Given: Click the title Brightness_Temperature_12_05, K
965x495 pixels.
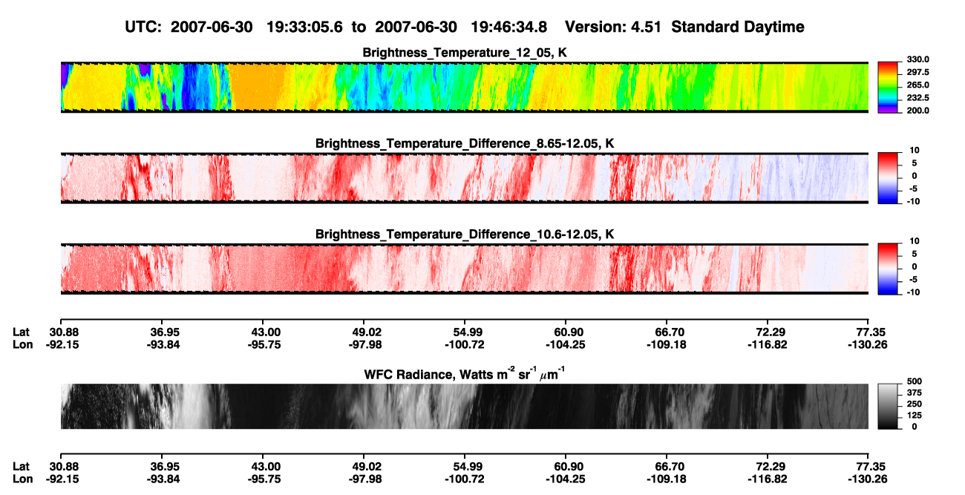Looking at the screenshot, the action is click(x=465, y=53).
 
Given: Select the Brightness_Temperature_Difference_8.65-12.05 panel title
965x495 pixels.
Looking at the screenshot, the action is click(x=465, y=143).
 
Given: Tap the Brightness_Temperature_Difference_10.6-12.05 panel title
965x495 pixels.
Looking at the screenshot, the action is click(x=465, y=235).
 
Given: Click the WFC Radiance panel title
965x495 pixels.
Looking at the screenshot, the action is click(x=465, y=374).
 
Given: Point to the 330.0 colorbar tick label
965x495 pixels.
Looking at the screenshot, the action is click(x=917, y=59).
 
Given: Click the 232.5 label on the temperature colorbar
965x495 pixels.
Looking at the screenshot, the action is click(x=917, y=98).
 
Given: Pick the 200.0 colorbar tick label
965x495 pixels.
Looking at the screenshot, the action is click(x=917, y=111).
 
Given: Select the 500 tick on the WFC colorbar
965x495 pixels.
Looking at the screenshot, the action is click(x=915, y=381).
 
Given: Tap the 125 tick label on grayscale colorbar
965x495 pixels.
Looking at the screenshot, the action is click(x=915, y=416).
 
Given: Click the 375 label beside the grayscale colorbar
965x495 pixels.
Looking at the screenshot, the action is click(x=915, y=393).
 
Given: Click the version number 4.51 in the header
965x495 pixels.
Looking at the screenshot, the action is click(x=646, y=27).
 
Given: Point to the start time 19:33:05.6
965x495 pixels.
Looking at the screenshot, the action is click(x=304, y=27).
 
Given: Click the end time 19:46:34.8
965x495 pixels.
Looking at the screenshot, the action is click(x=508, y=27).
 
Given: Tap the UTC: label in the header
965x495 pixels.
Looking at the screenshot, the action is click(x=143, y=27).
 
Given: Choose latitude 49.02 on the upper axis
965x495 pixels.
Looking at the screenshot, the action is click(x=365, y=332).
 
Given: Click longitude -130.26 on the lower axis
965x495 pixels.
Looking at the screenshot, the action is click(x=868, y=479).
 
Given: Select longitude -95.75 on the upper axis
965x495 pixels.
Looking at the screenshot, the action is click(x=264, y=344).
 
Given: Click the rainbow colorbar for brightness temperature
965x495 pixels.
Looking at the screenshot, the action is click(x=888, y=88).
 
